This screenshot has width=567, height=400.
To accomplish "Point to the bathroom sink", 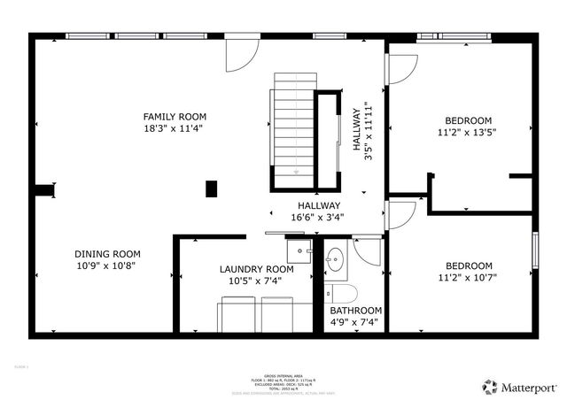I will click(x=336, y=259).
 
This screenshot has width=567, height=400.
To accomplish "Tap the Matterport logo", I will click(x=520, y=387).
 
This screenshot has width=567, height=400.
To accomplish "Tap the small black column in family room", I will click(x=211, y=188).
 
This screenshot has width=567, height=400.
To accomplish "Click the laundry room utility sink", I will click(x=302, y=250).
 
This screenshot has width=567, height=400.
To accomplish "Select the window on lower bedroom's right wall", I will click(x=534, y=249).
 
